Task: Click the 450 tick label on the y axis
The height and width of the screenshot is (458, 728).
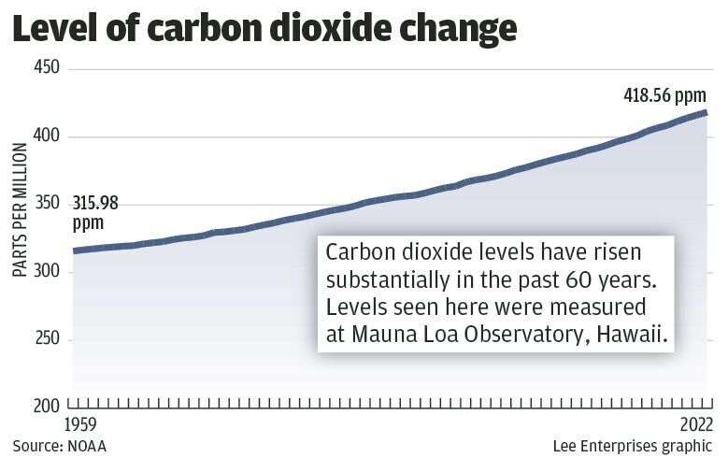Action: (47, 69)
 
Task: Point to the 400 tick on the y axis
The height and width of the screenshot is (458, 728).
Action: (47, 136)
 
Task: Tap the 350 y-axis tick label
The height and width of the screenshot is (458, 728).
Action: (47, 204)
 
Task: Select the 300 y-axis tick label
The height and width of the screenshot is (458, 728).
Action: (47, 272)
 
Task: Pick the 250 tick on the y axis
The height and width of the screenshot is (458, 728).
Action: (47, 339)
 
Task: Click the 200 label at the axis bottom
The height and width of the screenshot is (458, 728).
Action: (47, 407)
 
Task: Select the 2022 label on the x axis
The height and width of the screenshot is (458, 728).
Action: (696, 425)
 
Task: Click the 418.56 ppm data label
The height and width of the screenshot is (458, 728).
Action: (665, 94)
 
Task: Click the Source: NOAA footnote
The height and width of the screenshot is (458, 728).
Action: (59, 446)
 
